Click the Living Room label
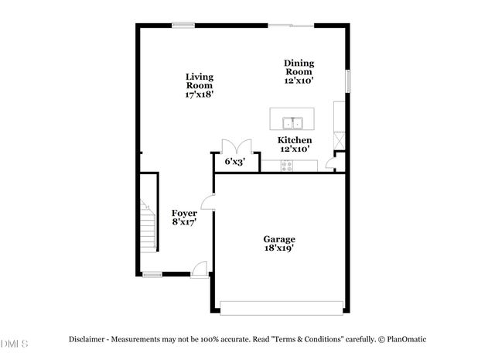pos(199,81)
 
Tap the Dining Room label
pos(299,67)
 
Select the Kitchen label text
pos(295,140)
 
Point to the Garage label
pos(278,239)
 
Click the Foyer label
pos(183,213)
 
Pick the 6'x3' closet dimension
pos(234,163)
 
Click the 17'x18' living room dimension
pos(199,94)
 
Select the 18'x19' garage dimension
pos(278,249)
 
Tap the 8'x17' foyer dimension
pos(183,222)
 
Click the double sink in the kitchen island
pos(293,122)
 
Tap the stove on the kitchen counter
pos(288,165)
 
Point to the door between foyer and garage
pos(209,201)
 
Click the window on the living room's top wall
pos(183,26)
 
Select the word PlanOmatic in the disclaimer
pos(405,339)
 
